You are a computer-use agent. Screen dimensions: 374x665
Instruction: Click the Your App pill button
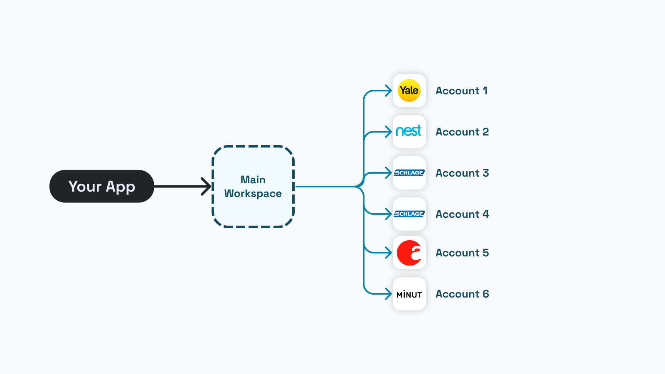click(102, 186)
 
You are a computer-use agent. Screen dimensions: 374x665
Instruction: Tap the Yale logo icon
click(409, 91)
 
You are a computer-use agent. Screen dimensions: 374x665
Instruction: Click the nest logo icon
click(409, 132)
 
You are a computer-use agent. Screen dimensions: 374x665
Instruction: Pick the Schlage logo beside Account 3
click(409, 173)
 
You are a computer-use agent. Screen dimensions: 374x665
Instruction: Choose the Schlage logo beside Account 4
click(409, 214)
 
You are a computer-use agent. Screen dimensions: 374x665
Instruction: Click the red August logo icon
click(409, 253)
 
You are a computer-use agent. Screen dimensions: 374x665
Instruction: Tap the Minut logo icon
click(409, 294)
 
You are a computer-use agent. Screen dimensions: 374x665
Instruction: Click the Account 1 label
click(461, 91)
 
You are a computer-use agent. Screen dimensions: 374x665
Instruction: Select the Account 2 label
click(462, 132)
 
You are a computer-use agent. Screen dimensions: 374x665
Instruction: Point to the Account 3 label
click(462, 173)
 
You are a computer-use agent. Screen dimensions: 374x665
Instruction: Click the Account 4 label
click(462, 214)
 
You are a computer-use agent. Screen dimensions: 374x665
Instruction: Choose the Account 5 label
click(462, 253)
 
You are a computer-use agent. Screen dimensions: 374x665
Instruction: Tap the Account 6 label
click(462, 294)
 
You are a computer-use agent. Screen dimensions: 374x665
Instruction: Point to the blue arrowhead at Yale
click(389, 91)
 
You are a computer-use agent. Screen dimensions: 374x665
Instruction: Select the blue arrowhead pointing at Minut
click(389, 294)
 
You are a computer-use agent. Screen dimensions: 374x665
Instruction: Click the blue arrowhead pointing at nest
click(389, 132)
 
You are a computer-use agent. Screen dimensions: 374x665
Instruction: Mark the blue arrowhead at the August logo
click(389, 253)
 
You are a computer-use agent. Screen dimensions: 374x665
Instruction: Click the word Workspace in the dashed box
click(253, 194)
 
